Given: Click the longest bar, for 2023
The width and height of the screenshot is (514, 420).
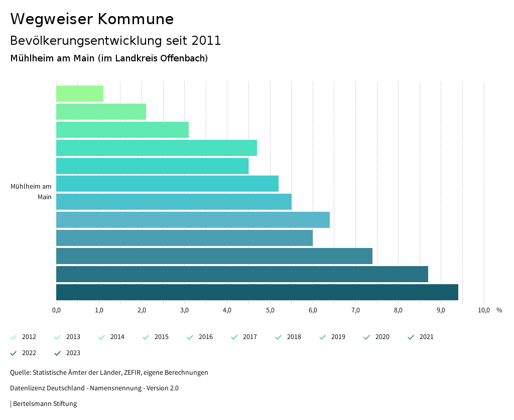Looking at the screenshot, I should click(257, 292).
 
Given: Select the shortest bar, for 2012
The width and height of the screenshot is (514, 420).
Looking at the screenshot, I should click(80, 94).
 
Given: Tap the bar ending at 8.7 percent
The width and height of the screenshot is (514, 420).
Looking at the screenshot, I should click(242, 274).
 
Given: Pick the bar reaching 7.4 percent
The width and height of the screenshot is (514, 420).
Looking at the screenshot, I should click(214, 256).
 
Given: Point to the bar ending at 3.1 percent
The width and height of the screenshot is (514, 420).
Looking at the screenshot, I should click(122, 130).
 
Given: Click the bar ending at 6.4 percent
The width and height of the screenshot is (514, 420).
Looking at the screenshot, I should click(193, 220).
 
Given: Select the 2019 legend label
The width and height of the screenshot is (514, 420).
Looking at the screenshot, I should click(338, 337).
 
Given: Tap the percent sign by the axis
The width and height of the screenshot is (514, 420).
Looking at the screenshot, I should click(499, 310).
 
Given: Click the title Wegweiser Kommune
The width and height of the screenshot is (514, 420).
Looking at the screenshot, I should click(92, 19).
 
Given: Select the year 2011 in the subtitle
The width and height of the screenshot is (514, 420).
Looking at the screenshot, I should click(206, 41).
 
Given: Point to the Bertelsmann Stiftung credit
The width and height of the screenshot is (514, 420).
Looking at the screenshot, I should click(45, 404).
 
